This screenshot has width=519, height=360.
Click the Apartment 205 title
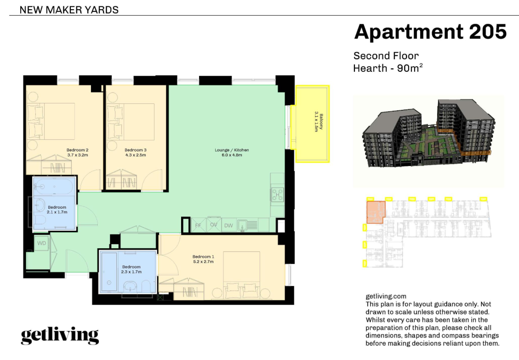click(x=430, y=32)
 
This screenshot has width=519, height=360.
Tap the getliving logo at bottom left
click(x=60, y=336)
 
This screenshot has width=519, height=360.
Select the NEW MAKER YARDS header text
click(x=69, y=10)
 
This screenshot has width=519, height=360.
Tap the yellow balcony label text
click(x=319, y=122)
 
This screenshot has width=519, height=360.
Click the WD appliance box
click(x=42, y=243)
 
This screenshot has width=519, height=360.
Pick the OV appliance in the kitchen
click(x=214, y=224)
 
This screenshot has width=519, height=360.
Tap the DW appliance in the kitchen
click(x=229, y=225)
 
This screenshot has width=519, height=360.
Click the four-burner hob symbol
click(x=277, y=194)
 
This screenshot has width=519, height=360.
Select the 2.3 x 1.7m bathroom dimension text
click(x=131, y=272)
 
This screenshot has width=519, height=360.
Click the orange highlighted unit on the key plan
click(x=376, y=212)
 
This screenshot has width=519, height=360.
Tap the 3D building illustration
click(x=428, y=134)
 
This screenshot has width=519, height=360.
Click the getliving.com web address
click(x=386, y=297)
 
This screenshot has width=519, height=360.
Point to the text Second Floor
click(x=386, y=56)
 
